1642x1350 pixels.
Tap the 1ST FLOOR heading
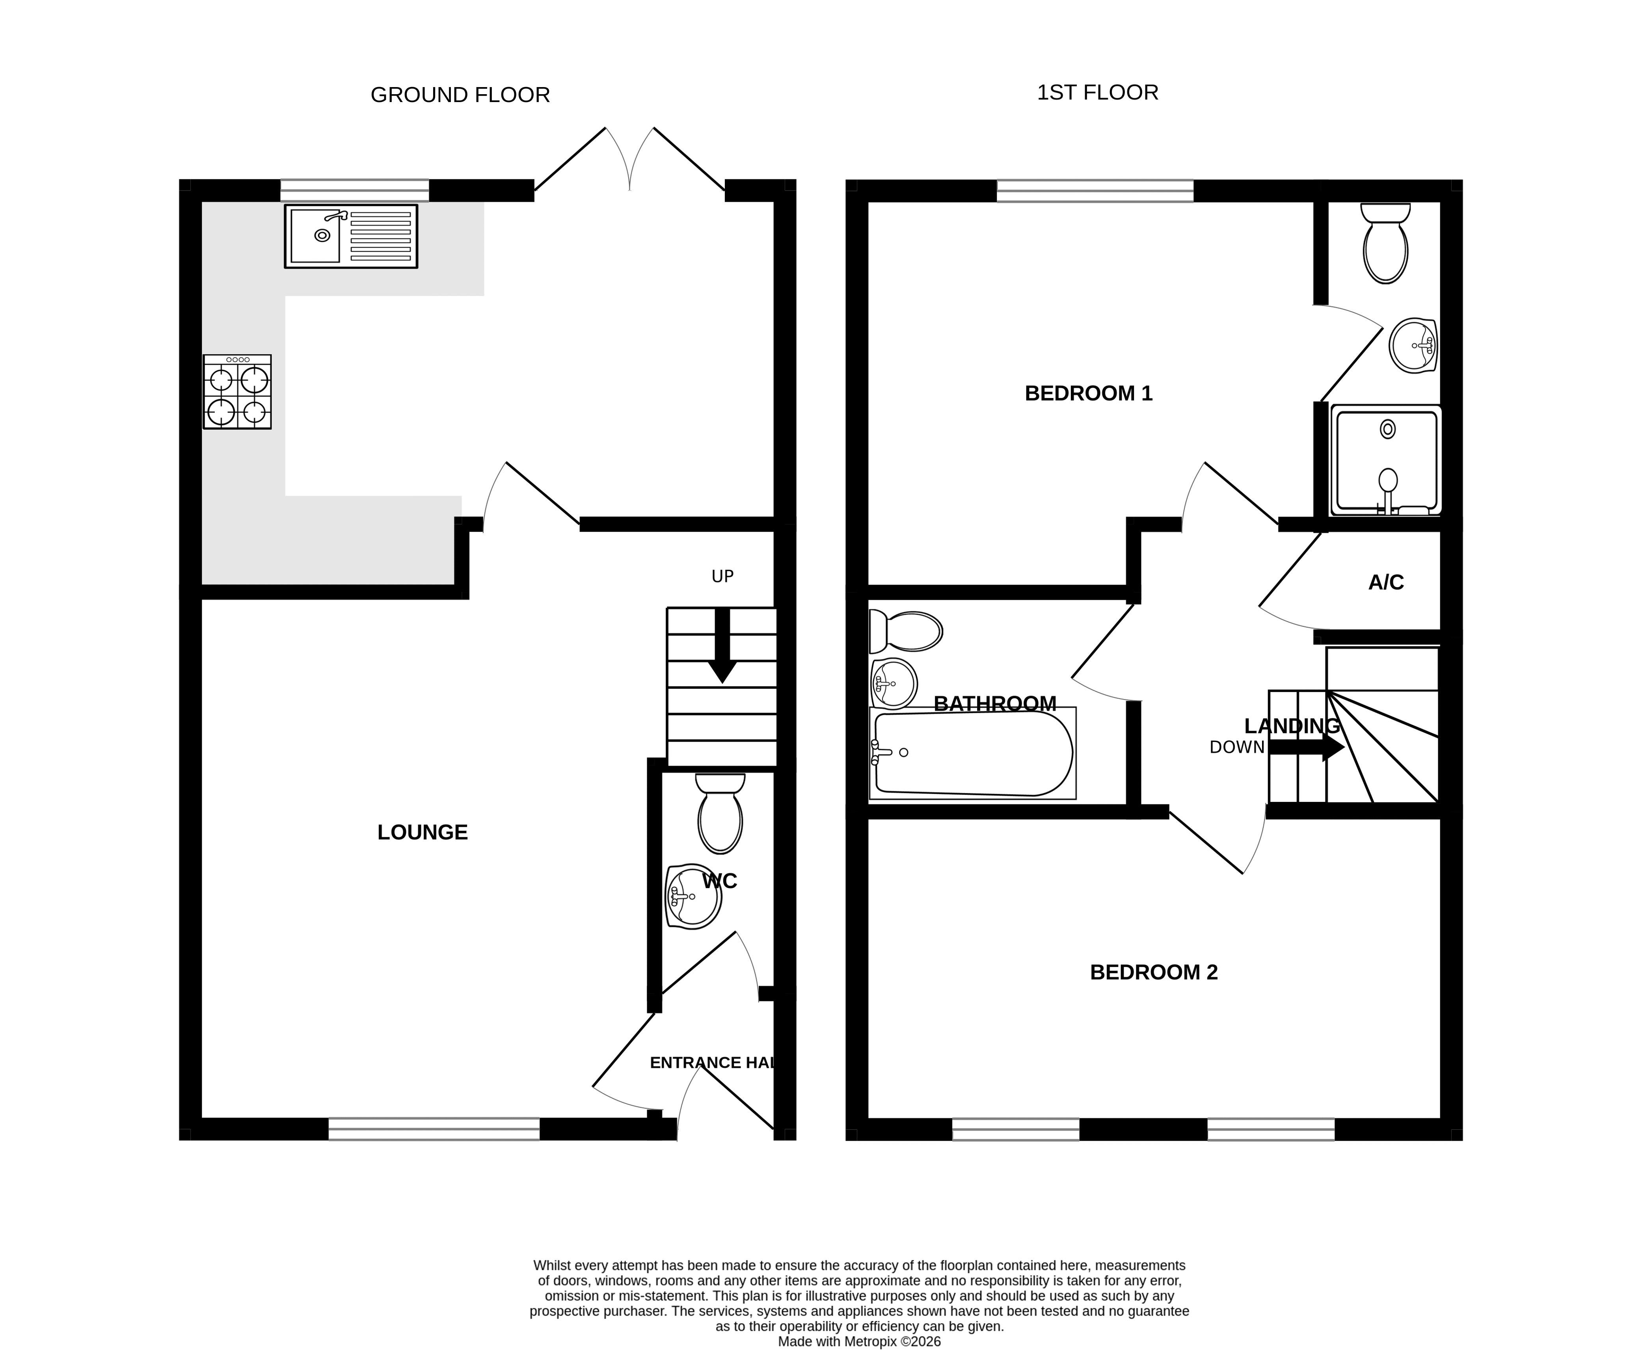1098,93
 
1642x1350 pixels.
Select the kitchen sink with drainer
351,236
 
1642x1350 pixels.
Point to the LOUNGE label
423,832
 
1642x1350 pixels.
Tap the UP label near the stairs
722,576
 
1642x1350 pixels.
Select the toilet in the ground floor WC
720,813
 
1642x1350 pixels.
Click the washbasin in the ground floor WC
693,896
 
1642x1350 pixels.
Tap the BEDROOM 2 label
1154,972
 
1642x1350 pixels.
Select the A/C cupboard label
1386,582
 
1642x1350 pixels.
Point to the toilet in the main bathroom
905,631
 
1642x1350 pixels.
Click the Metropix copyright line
860,1341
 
